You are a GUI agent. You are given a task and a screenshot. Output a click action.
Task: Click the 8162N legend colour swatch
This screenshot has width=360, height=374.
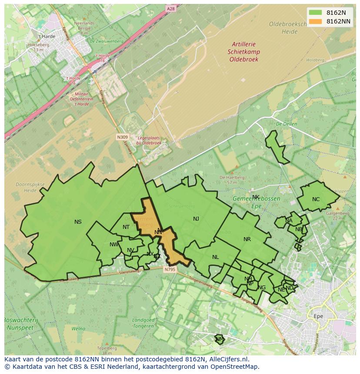316,13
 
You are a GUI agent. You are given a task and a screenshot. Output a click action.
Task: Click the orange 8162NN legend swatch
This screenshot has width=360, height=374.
316,21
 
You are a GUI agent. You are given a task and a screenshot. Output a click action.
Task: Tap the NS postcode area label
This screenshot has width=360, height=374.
78,222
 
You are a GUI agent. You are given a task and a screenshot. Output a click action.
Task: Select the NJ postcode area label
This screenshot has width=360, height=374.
196,219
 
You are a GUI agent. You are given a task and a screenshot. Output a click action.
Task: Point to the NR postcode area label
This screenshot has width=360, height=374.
247,239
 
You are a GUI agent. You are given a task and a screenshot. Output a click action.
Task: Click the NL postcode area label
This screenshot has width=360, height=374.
215,257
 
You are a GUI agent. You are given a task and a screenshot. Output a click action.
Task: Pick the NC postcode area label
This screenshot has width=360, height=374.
316,200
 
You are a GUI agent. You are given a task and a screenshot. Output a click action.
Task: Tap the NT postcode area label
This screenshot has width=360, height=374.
126,227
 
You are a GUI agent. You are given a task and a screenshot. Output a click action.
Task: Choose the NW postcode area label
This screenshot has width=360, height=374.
114,245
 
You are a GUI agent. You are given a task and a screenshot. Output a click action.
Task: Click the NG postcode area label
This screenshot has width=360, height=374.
262,288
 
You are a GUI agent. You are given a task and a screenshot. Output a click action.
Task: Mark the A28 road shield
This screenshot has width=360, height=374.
170,8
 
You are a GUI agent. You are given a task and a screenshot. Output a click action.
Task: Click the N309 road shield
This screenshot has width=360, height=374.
123,137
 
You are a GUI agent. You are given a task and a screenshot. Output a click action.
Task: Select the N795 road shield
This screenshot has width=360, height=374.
170,270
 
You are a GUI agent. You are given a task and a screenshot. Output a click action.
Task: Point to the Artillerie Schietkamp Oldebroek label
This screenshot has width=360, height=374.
243,51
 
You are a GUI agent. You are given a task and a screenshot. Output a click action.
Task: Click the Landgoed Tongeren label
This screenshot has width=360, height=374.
143,323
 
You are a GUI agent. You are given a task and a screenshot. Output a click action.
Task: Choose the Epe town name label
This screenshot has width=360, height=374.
318,316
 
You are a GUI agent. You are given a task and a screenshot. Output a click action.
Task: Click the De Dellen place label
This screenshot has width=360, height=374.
286,124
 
